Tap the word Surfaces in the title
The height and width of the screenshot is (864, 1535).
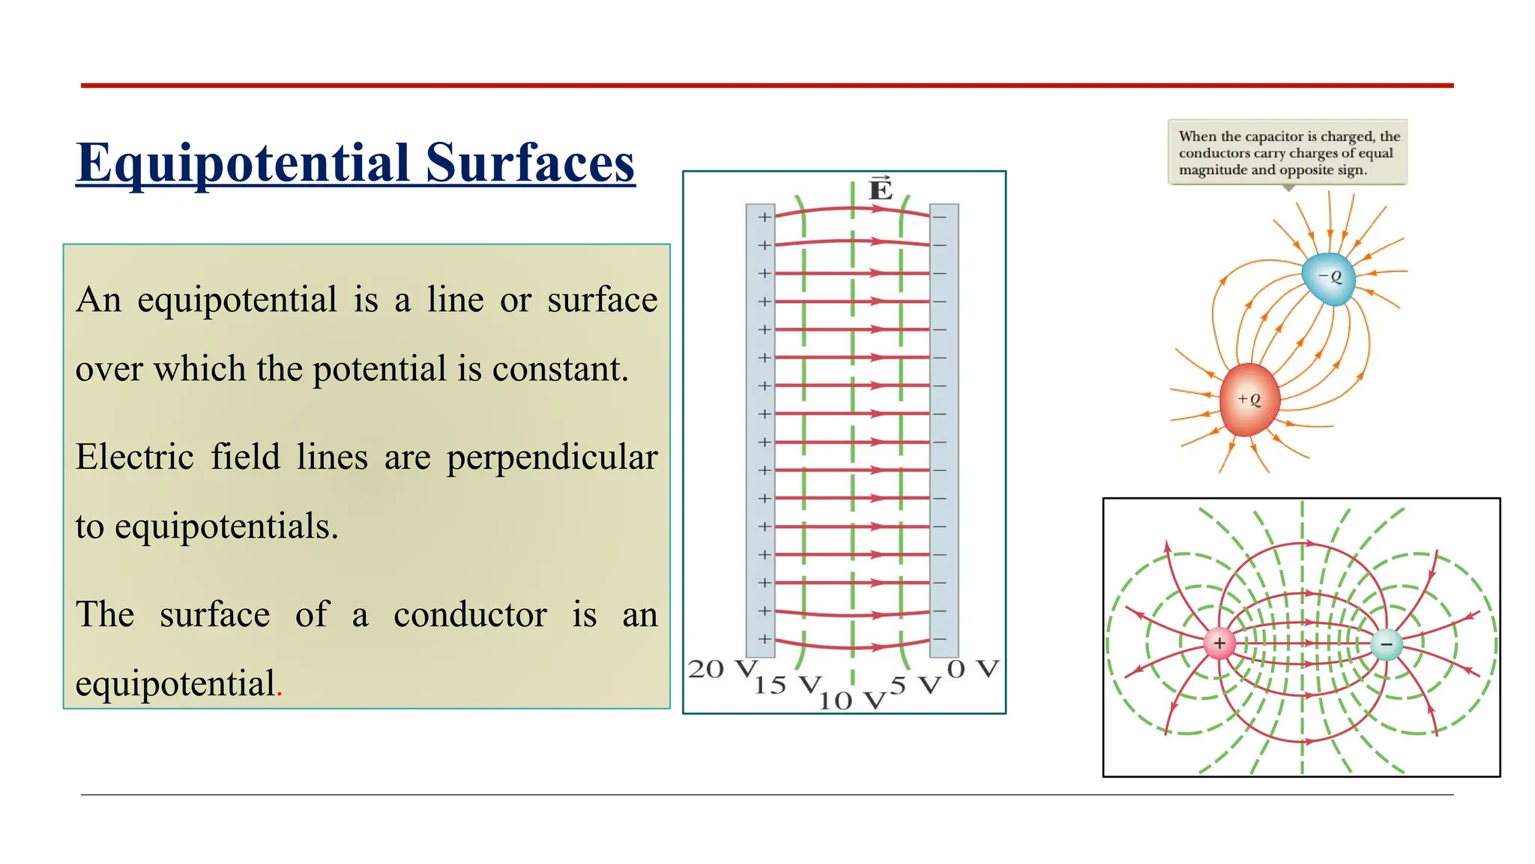tap(530, 163)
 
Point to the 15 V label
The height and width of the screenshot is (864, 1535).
tap(788, 684)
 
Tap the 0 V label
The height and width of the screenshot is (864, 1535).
tap(973, 668)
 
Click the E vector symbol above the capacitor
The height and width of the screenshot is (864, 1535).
tap(880, 189)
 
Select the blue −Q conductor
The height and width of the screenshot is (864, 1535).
tap(1329, 278)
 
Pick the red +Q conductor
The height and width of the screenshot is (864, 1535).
tap(1248, 400)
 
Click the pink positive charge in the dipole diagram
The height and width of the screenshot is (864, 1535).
tap(1219, 643)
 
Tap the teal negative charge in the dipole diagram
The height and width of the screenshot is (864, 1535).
tap(1386, 643)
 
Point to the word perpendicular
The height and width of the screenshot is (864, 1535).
tap(552, 457)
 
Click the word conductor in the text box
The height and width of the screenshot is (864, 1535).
tap(470, 615)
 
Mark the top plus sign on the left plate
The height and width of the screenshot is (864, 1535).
tap(764, 217)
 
